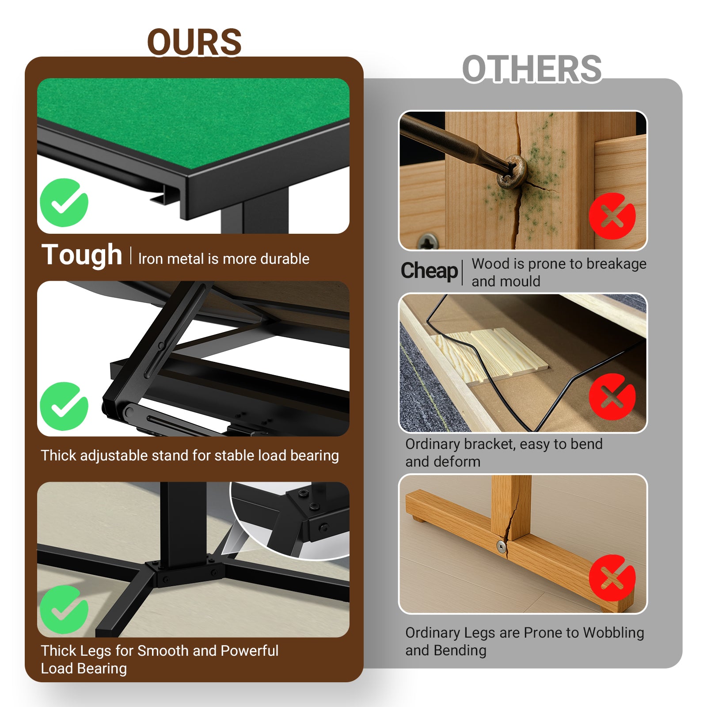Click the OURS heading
tap(194, 42)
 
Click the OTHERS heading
tap(532, 69)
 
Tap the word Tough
tap(82, 255)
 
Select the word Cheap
tap(429, 270)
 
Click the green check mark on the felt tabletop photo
tap(64, 203)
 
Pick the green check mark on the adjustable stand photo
tap(64, 406)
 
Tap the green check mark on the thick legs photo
tap(64, 609)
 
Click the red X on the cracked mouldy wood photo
tap(612, 216)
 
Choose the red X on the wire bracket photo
tap(612, 397)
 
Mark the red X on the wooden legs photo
tap(612, 578)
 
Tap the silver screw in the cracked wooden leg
tap(501, 547)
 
